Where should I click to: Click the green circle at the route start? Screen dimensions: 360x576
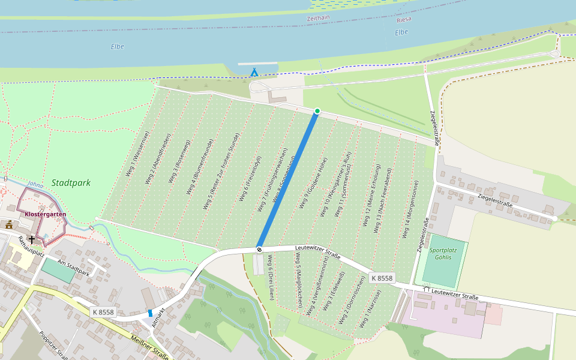(317, 111)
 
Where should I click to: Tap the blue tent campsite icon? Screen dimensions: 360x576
(254, 73)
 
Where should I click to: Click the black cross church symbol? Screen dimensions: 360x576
(31, 239)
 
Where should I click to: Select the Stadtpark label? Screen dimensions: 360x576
(71, 182)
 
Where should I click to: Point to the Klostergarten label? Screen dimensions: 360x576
(46, 214)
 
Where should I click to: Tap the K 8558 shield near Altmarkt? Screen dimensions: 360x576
(103, 312)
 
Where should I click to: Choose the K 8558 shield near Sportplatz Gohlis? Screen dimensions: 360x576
(382, 278)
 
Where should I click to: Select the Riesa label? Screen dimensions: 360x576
(404, 19)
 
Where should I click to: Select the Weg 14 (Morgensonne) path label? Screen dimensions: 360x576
(408, 212)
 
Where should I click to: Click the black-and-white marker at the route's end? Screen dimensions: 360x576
(259, 248)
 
